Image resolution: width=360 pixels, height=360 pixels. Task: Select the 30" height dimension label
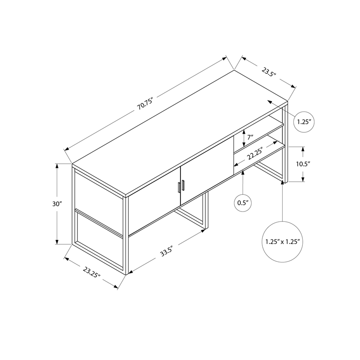click(x=56, y=204)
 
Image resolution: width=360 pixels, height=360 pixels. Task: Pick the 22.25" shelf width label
click(x=255, y=155)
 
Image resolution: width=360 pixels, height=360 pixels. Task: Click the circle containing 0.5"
click(x=243, y=203)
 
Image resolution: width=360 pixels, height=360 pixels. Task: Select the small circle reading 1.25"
click(x=304, y=121)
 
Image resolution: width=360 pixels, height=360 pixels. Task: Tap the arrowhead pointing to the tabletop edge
click(x=269, y=102)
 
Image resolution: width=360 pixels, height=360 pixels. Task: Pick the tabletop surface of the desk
click(x=180, y=130)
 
